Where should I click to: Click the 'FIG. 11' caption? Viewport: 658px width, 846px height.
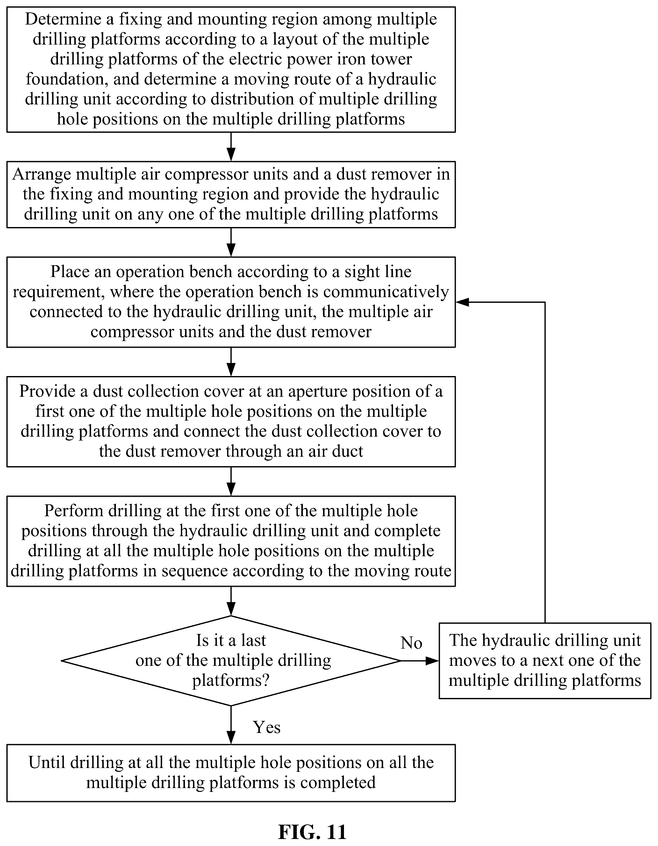click(x=312, y=832)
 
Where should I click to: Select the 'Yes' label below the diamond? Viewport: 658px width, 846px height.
click(x=267, y=727)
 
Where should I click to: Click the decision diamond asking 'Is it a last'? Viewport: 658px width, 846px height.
click(x=231, y=660)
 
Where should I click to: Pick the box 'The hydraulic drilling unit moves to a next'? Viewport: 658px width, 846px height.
click(x=545, y=660)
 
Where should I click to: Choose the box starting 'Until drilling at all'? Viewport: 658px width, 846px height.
click(x=231, y=772)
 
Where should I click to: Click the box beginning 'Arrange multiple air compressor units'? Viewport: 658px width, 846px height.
click(x=231, y=195)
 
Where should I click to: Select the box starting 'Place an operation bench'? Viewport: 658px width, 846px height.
click(x=231, y=302)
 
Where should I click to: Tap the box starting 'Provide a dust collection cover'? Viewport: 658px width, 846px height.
click(x=231, y=422)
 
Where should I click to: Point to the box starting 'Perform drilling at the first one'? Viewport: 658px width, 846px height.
click(x=231, y=541)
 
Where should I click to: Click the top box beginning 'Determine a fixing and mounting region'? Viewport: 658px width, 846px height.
click(x=231, y=69)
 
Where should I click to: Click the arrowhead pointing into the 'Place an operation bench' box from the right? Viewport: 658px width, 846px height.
click(x=462, y=302)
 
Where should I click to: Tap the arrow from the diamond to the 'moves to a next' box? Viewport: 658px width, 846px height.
click(x=420, y=660)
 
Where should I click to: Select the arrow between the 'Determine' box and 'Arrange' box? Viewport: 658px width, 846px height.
click(x=231, y=147)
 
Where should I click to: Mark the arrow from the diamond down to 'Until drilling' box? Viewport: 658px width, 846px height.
click(x=231, y=725)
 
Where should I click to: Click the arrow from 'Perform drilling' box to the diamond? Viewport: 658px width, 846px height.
click(x=231, y=601)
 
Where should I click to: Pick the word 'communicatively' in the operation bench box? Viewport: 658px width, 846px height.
click(x=386, y=292)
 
